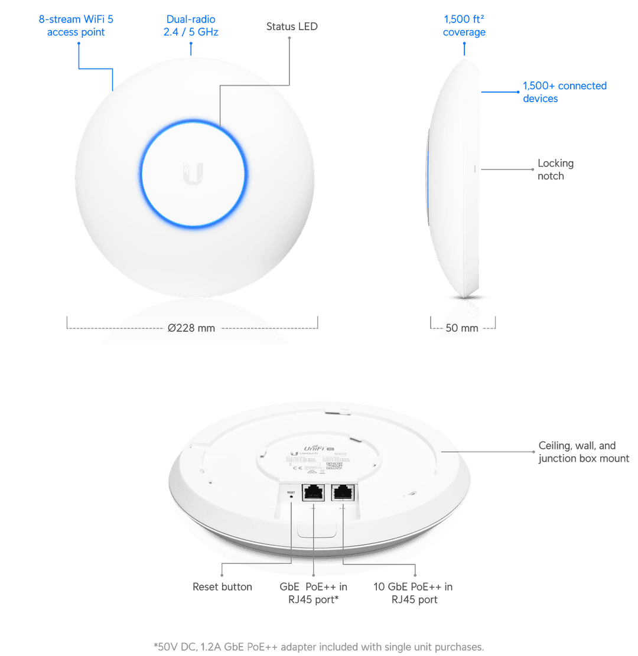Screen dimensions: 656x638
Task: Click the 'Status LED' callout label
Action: [x=292, y=27]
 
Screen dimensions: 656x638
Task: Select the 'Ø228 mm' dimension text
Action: [x=191, y=328]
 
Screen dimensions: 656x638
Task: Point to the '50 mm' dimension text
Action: [x=461, y=328]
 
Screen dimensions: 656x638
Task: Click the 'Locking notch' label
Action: [x=555, y=169]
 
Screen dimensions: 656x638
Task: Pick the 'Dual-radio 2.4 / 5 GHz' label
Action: [x=191, y=27]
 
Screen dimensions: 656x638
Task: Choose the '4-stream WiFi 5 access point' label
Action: [x=76, y=27]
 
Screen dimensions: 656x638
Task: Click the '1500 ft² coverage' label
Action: [x=464, y=27]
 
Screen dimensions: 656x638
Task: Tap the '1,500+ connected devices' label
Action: [x=564, y=92]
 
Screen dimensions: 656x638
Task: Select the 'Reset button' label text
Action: [x=222, y=587]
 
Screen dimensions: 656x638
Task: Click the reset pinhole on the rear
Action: [x=291, y=499]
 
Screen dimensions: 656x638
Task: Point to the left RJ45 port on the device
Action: [x=312, y=493]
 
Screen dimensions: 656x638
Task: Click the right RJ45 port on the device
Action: [x=343, y=493]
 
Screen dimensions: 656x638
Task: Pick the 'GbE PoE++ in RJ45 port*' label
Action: [x=313, y=593]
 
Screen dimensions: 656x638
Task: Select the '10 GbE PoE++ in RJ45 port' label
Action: [x=413, y=593]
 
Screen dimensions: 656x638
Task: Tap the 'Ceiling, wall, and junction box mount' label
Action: [x=583, y=452]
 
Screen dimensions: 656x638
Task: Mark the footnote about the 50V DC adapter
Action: [x=318, y=647]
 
